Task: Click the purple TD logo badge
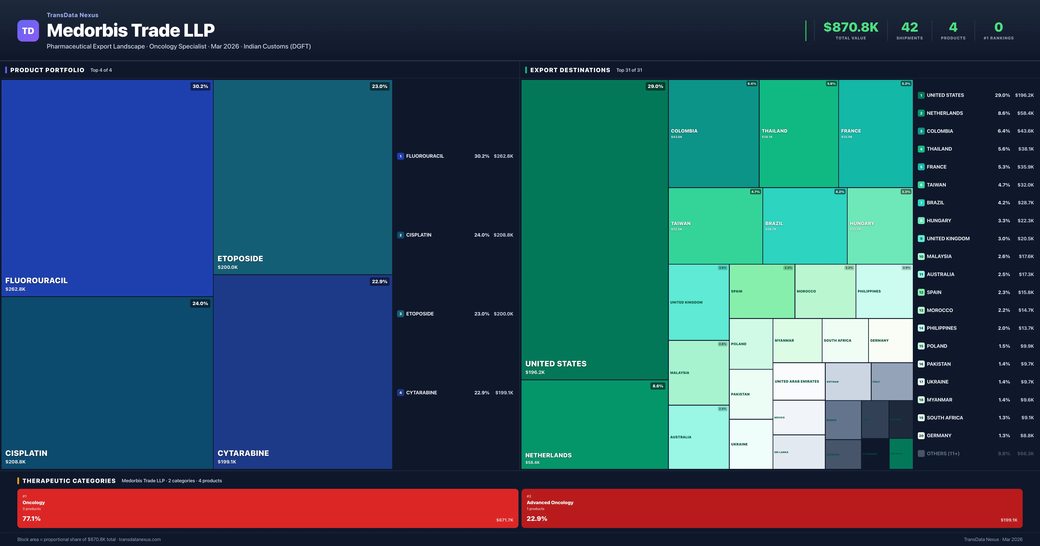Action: pyautogui.click(x=28, y=31)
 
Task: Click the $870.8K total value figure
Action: pyautogui.click(x=851, y=27)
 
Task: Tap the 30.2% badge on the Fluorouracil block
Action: pyautogui.click(x=200, y=86)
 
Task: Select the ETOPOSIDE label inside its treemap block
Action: pyautogui.click(x=240, y=258)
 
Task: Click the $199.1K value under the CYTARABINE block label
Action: pyautogui.click(x=227, y=461)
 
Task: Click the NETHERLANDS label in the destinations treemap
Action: pyautogui.click(x=548, y=455)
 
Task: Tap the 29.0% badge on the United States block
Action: pyautogui.click(x=655, y=86)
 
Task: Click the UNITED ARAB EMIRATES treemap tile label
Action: pyautogui.click(x=796, y=381)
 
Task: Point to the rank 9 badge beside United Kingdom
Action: pyautogui.click(x=921, y=239)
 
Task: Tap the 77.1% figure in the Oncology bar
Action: pyautogui.click(x=31, y=518)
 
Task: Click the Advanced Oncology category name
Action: pyautogui.click(x=550, y=502)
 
